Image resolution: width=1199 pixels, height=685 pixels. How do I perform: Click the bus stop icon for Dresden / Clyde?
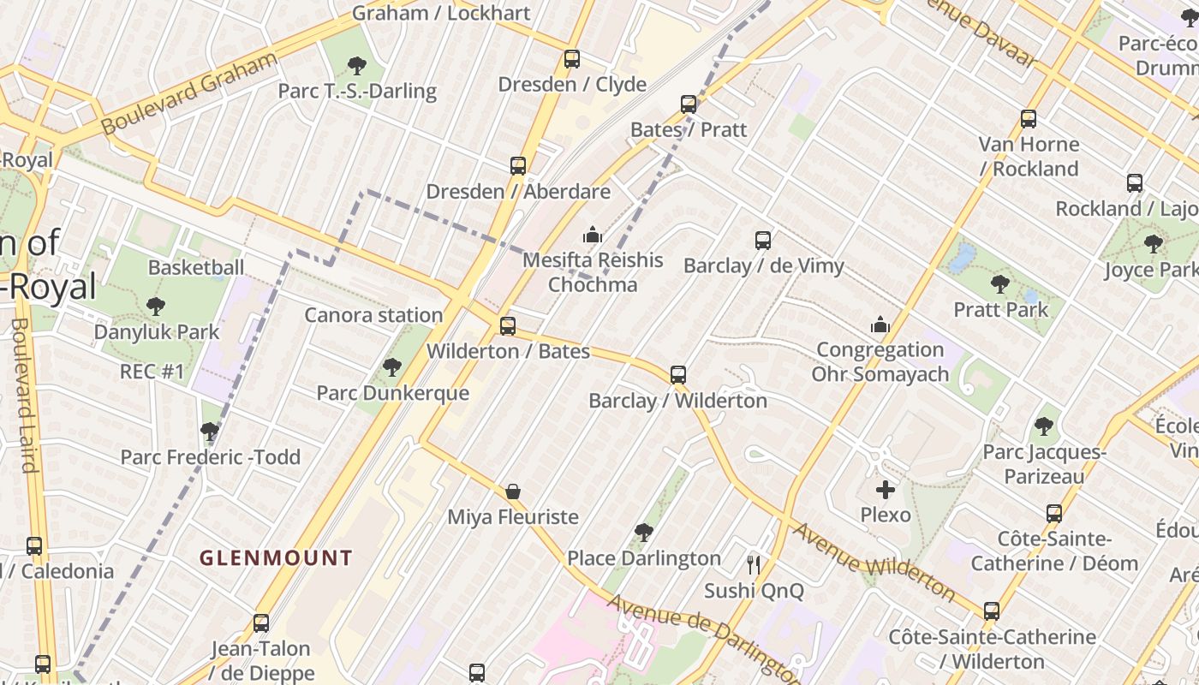[x=572, y=60]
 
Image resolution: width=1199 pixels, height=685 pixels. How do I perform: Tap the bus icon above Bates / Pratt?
[x=689, y=104]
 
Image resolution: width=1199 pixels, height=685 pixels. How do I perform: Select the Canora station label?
[x=373, y=315]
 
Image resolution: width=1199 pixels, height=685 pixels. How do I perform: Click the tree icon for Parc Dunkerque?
[x=392, y=367]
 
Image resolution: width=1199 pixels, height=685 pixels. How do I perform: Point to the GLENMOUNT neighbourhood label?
[x=276, y=558]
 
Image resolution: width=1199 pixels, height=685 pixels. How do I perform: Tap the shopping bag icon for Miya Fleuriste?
[x=513, y=491]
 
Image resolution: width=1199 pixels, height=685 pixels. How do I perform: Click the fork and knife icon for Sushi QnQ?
[x=754, y=565]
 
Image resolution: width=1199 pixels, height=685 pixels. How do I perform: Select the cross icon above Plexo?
[x=886, y=490]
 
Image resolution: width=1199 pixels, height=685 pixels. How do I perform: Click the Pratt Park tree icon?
[x=999, y=284]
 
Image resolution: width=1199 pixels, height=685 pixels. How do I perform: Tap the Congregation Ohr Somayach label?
[x=880, y=362]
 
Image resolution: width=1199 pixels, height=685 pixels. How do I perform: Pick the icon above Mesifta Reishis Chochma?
[x=592, y=235]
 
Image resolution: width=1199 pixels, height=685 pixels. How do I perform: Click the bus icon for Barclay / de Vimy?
[x=763, y=241]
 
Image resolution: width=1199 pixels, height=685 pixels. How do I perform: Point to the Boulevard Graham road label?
[x=190, y=92]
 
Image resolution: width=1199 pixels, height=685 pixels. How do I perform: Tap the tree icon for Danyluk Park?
[x=156, y=306]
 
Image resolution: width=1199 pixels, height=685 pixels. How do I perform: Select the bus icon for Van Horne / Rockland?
[x=1029, y=119]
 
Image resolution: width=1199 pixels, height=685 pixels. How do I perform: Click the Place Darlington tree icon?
[x=644, y=533]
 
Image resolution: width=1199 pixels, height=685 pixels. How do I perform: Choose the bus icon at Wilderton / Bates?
[x=508, y=326]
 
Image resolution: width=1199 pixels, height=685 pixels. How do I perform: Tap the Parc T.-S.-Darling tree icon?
[x=357, y=65]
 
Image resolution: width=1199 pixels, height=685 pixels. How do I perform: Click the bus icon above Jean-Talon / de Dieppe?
[x=261, y=623]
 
